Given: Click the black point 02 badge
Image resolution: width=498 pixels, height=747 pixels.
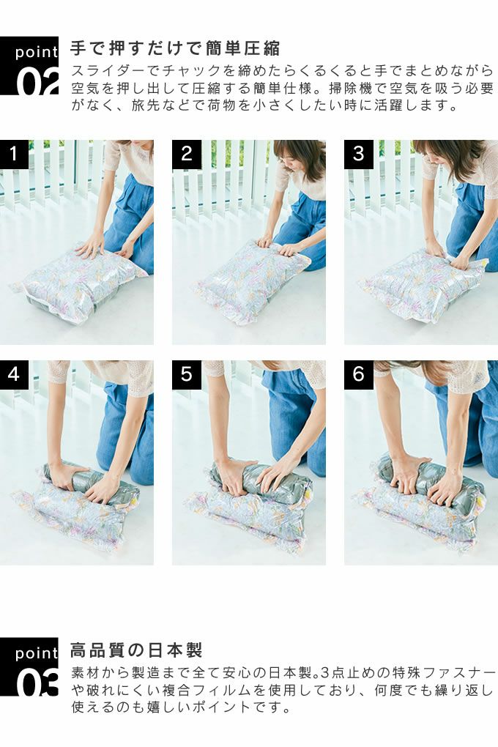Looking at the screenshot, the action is click(x=29, y=66).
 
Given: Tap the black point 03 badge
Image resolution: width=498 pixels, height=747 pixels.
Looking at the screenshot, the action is click(x=29, y=666).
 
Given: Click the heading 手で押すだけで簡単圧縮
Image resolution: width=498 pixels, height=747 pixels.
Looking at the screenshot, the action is click(x=175, y=48).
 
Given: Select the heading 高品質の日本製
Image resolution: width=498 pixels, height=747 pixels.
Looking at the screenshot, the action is click(x=137, y=650).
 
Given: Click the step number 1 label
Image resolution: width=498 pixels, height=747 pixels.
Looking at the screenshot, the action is click(x=15, y=154).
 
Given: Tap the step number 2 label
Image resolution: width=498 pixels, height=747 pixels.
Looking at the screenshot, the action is click(x=186, y=154).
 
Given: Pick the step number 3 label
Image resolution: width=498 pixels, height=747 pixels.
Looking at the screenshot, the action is click(x=358, y=154).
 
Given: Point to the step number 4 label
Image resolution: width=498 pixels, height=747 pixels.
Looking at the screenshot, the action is click(x=15, y=374).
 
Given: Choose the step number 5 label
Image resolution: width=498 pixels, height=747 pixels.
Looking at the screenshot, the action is click(x=186, y=374).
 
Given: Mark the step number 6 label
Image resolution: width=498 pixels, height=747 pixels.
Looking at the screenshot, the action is click(x=358, y=374).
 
